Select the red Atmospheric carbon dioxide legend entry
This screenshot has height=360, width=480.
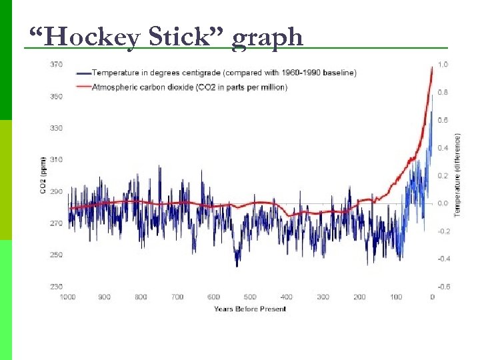[x=190, y=87]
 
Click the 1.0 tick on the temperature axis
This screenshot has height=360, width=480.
[x=443, y=65]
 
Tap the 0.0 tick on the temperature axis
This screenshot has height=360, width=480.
[x=443, y=203]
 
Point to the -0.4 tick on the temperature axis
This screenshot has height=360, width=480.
[x=443, y=259]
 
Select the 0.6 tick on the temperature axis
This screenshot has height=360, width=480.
[x=443, y=120]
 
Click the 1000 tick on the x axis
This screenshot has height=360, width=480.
[x=68, y=297]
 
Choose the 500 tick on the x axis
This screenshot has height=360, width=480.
[x=250, y=297]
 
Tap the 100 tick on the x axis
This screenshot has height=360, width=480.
[x=396, y=297]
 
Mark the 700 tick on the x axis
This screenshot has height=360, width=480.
[x=177, y=297]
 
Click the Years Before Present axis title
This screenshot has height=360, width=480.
[x=250, y=309]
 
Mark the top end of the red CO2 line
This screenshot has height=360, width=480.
[x=433, y=67]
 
